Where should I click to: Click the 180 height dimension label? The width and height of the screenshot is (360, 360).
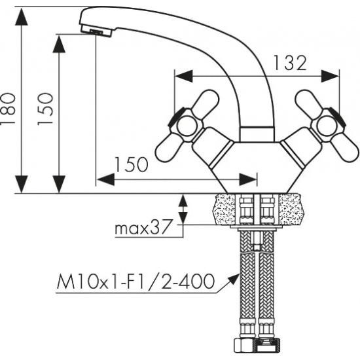point(8,109)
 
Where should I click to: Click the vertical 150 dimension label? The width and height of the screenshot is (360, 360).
point(45,109)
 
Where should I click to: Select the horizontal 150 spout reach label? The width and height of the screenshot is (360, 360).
point(131,164)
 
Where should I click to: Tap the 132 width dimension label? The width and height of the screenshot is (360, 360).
point(290,63)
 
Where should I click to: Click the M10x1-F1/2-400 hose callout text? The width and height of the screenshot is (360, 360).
point(135,281)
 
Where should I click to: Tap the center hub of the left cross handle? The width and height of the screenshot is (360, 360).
point(187,126)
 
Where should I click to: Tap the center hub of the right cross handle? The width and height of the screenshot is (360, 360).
point(327,126)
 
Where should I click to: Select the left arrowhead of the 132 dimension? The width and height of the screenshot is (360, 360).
point(183,76)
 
